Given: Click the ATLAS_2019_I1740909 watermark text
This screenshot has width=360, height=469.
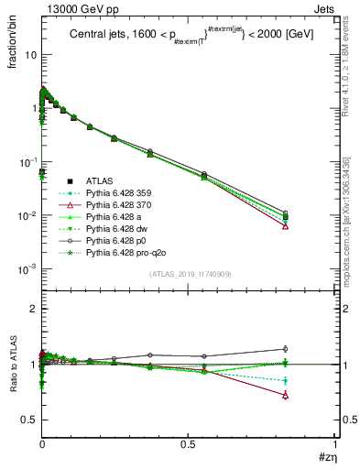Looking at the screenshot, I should [x=190, y=274].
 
